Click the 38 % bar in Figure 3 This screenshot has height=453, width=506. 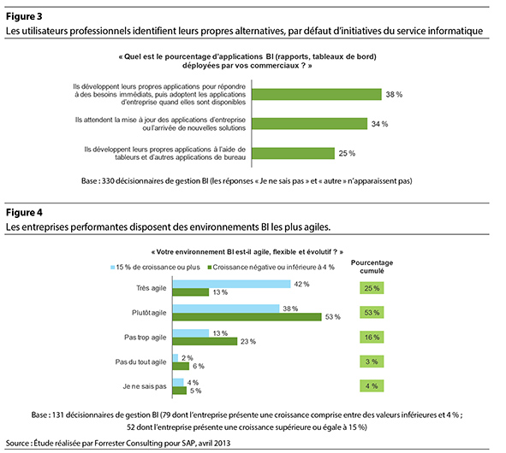[x=317, y=94]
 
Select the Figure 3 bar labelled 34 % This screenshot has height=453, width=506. [x=309, y=124]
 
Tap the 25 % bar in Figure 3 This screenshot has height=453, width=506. [x=293, y=153]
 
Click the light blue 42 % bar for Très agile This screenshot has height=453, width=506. [x=231, y=284]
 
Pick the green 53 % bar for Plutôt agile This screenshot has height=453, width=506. [x=247, y=317]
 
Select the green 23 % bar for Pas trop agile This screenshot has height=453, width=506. [x=205, y=341]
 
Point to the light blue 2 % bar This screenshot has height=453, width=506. [x=176, y=357]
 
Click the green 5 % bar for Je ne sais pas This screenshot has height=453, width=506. [x=180, y=391]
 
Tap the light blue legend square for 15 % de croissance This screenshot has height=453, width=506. [x=113, y=268]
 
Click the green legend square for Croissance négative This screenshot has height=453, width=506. [x=210, y=268]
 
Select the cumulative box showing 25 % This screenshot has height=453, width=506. [x=372, y=288]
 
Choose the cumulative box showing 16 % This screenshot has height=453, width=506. [x=372, y=337]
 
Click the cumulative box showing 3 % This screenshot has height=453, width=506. [x=372, y=362]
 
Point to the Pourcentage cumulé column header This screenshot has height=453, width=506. [x=372, y=267]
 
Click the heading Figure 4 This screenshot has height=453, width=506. [x=24, y=213]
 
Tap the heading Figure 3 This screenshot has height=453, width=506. [x=24, y=16]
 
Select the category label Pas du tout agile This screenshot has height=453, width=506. [x=140, y=362]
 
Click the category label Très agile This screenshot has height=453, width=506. [x=151, y=288]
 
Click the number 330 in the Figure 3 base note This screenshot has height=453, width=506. [x=108, y=181]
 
